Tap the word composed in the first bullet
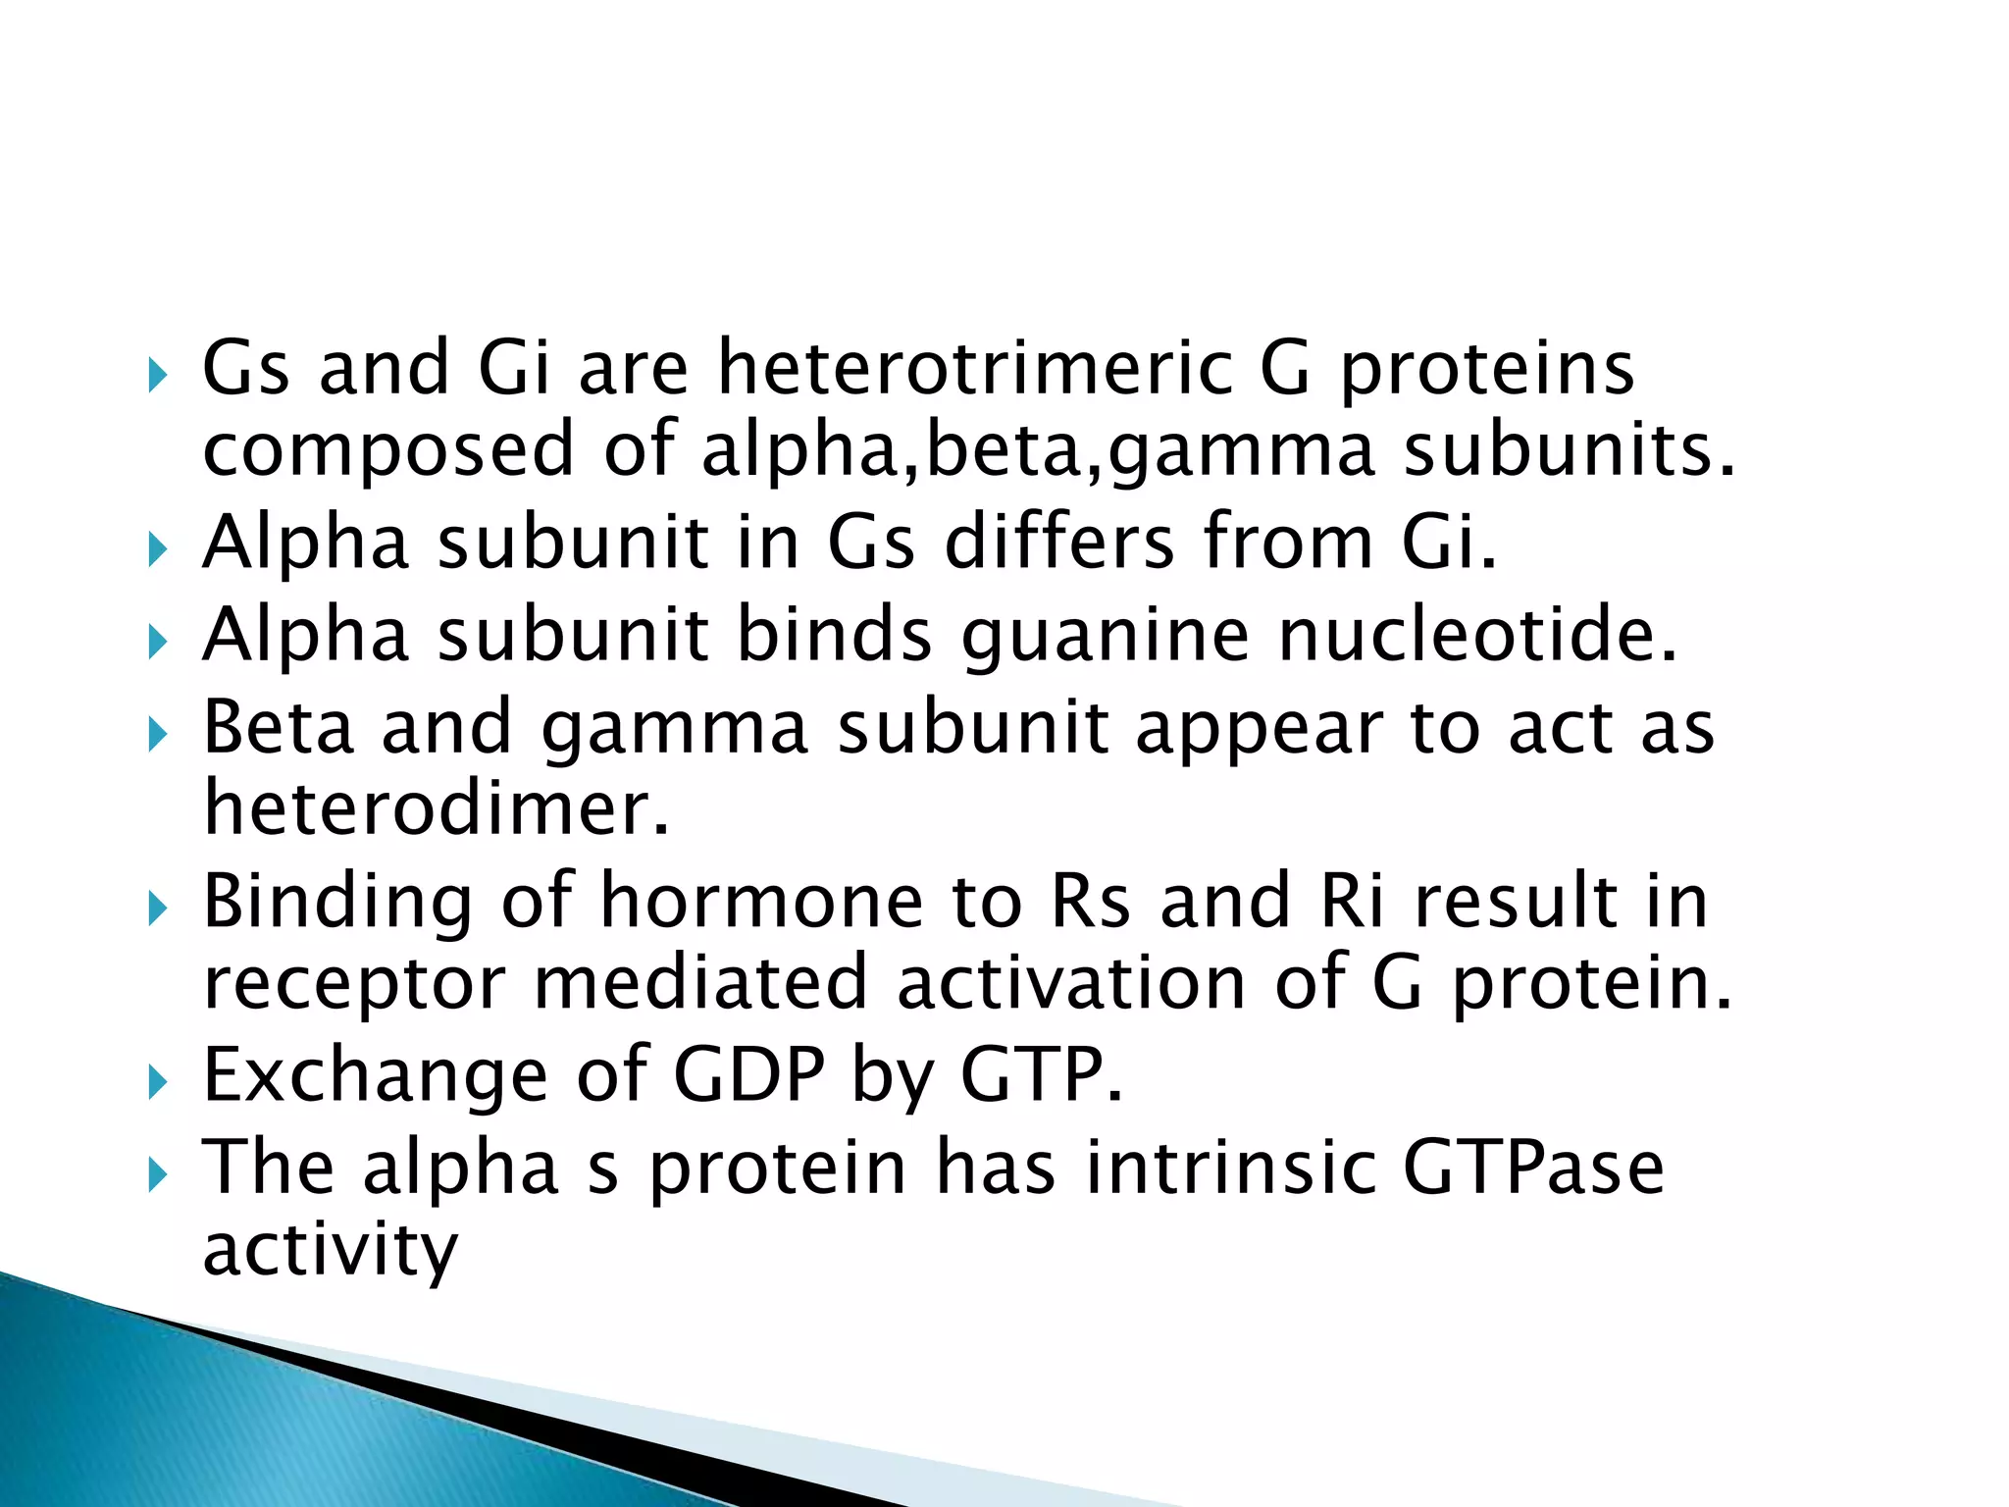[387, 449]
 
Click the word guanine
[1106, 635]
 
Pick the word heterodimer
[436, 807]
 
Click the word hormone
[761, 900]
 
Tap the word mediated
[700, 982]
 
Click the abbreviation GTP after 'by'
[1040, 1075]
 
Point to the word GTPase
[1533, 1167]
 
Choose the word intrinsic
[1230, 1167]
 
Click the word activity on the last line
[330, 1249]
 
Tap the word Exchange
[375, 1075]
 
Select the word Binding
[337, 902]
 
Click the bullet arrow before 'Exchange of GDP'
[158, 1083]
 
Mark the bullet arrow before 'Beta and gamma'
[158, 735]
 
